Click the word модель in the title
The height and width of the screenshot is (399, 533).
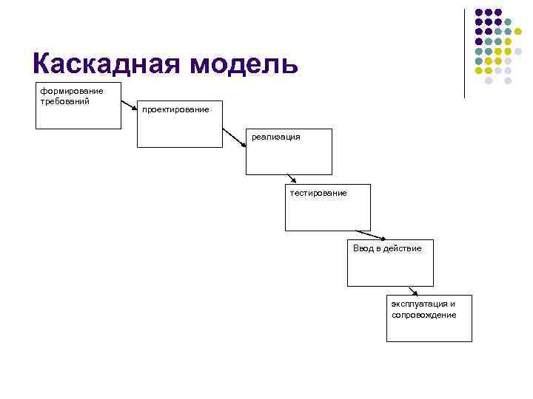pos(244,64)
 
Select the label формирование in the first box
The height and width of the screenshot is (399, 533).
pos(72,91)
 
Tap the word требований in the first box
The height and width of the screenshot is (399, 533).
pos(65,100)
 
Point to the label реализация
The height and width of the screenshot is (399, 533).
pos(276,137)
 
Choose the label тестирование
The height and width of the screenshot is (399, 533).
pos(318,193)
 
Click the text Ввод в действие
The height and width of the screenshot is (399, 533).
pos(387,248)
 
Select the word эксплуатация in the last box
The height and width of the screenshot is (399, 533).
pos(420,304)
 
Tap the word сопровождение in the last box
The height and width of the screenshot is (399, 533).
pos(424,315)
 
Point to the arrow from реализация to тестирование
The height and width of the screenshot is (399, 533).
pos(292,178)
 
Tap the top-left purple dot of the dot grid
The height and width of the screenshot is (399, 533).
pos(478,13)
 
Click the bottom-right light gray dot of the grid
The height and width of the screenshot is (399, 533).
pos(509,81)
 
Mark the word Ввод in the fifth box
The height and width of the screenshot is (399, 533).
pos(363,248)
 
